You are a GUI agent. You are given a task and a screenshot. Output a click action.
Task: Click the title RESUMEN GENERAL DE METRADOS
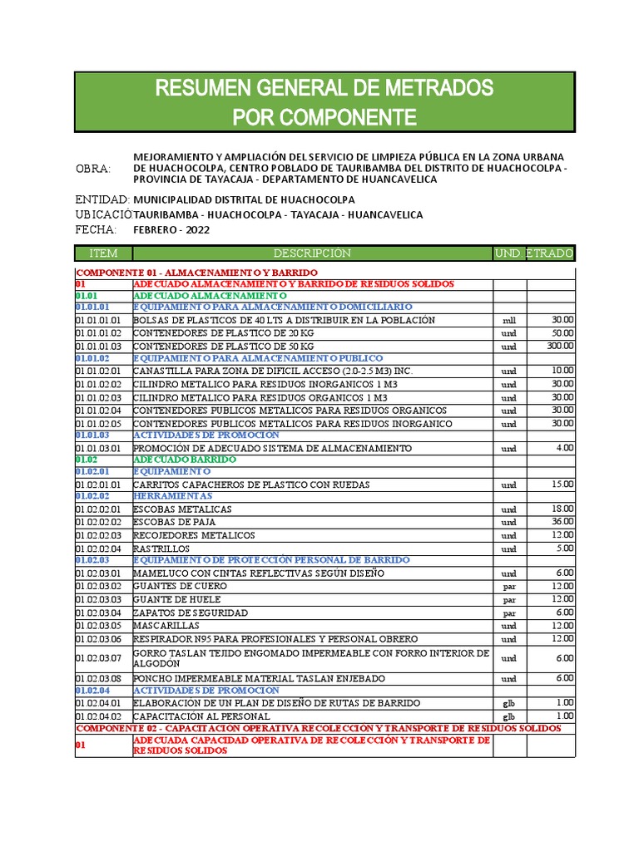(324, 88)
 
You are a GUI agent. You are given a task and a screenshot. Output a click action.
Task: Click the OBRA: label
(93, 169)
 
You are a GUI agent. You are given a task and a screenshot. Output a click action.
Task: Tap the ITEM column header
(103, 253)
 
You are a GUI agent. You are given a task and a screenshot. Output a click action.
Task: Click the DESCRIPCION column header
(312, 253)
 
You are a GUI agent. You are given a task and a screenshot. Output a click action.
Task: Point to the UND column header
(508, 253)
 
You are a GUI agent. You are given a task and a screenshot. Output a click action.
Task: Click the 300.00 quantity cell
(560, 346)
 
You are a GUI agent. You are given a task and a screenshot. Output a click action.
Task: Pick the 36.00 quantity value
(562, 522)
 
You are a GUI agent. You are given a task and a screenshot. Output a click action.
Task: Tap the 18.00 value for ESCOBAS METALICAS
(562, 509)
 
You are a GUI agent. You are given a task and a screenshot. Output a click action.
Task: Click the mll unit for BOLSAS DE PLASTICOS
(509, 321)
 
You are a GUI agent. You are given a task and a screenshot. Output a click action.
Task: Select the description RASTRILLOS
(161, 549)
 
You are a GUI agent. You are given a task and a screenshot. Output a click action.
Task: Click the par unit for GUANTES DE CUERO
(509, 587)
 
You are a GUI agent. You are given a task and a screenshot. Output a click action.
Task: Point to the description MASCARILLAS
(166, 626)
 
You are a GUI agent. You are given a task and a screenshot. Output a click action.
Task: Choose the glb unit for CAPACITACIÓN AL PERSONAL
(509, 716)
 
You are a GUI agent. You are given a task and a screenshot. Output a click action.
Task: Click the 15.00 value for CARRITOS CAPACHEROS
(562, 484)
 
